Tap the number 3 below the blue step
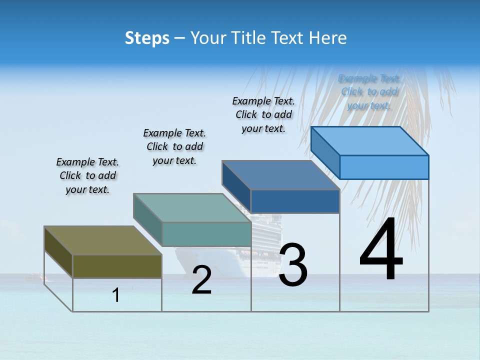pyautogui.click(x=292, y=265)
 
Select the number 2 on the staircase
pyautogui.click(x=202, y=280)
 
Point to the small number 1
pyautogui.click(x=116, y=295)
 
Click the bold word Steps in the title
pyautogui.click(x=147, y=38)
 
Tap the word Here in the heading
pyautogui.click(x=328, y=38)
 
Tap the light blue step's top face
pyautogui.click(x=369, y=141)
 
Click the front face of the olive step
pyautogui.click(x=117, y=266)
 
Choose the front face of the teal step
pyautogui.click(x=206, y=234)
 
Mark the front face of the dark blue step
pyautogui.click(x=295, y=201)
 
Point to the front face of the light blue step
pyautogui.click(x=384, y=167)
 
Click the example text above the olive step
pyautogui.click(x=87, y=175)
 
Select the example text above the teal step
pyautogui.click(x=174, y=146)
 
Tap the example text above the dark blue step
pyautogui.click(x=263, y=114)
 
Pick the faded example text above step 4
pyautogui.click(x=369, y=92)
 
